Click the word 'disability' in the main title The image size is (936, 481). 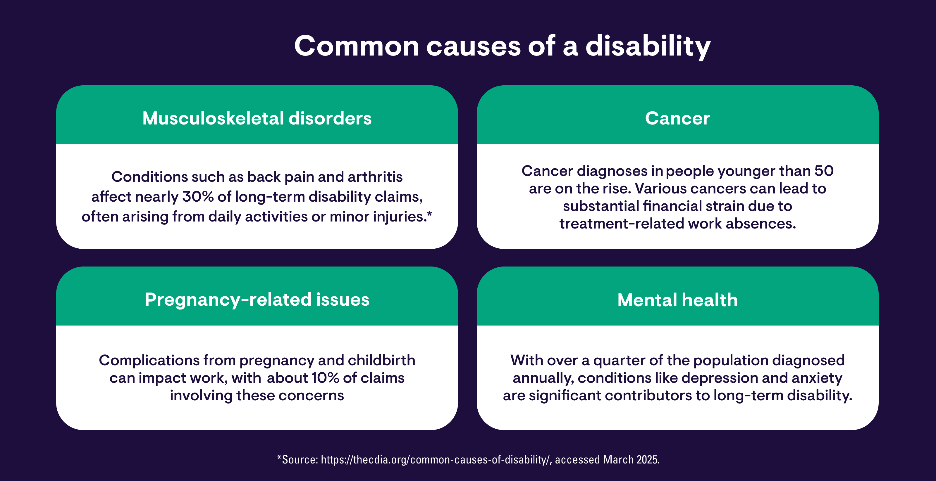coord(648,46)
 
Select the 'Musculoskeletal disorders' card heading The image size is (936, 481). coord(257,118)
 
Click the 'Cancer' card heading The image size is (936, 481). coord(677,118)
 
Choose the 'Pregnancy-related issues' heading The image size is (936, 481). coord(257,300)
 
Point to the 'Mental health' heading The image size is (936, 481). coord(677,300)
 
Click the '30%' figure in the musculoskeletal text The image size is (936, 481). coord(198,197)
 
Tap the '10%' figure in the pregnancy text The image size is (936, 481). coord(325,378)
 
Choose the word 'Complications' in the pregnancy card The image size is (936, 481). coord(149,361)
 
